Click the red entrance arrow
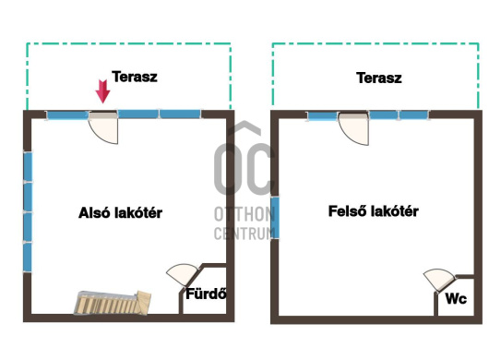coord(102,91)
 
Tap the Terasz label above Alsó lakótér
coord(135,77)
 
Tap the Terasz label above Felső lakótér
coord(379,78)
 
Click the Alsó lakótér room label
coord(120,212)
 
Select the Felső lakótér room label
coord(374,211)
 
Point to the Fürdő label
coord(206,294)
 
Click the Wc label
coord(457,298)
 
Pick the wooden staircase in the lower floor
coord(113,302)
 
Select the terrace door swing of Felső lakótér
coord(354,129)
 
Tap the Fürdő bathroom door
coord(183,274)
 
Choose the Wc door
coord(439,280)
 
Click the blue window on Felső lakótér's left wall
coord(275,218)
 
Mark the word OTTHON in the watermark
coord(244,214)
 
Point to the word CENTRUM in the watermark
coord(244,234)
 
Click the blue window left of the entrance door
coord(67,115)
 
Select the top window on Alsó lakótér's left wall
coord(28,166)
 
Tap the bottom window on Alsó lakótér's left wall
coord(28,258)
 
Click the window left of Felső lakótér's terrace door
coord(323,116)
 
